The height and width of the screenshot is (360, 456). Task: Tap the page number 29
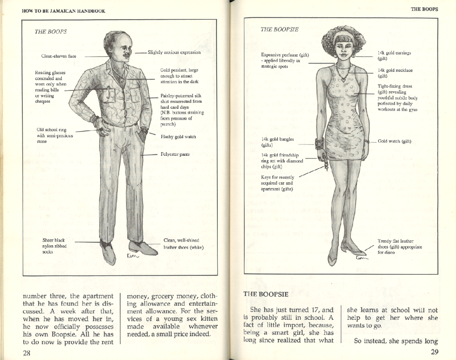434,352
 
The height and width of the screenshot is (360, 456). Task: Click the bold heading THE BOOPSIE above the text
266,294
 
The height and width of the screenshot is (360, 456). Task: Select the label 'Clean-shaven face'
59,57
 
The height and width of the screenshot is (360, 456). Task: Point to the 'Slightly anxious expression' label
174,53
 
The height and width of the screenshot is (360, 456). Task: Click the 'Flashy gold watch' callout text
178,137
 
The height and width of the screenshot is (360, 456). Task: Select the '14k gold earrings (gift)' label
394,56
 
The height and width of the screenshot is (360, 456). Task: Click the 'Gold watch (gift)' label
394,141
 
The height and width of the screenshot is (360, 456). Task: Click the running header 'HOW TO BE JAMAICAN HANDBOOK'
63,11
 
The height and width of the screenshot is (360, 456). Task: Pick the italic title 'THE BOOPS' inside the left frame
51,32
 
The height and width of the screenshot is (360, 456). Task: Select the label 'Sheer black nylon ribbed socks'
54,246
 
